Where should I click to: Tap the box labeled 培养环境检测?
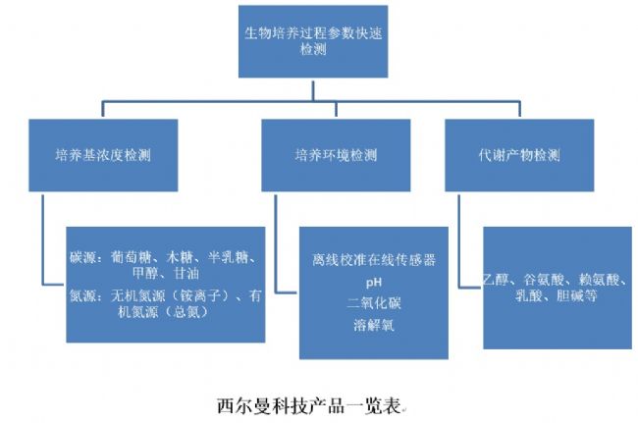click(x=336, y=155)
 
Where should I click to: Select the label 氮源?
click(x=81, y=293)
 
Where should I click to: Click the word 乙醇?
click(x=500, y=280)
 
